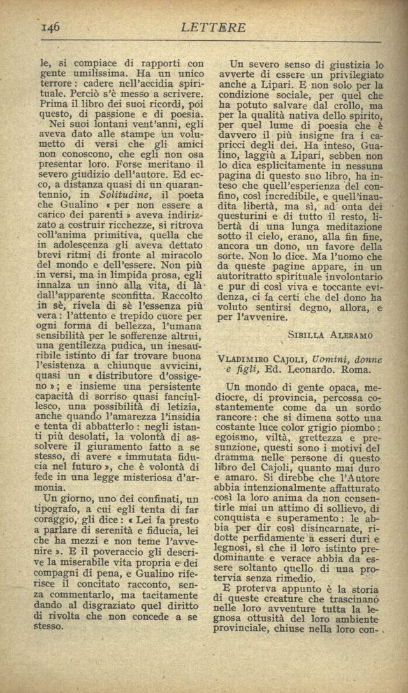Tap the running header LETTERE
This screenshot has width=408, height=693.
point(214,27)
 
